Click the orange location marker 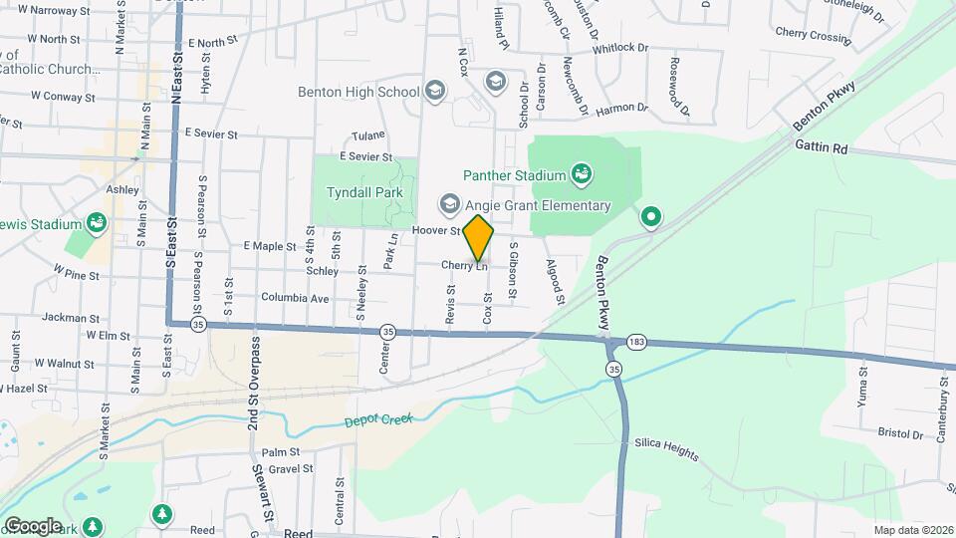click(478, 238)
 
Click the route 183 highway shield click(635, 343)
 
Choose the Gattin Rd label click(821, 147)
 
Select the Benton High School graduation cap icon click(433, 92)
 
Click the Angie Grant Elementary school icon click(448, 205)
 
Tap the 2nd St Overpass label click(255, 382)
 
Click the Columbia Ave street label click(295, 298)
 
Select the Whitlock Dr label click(619, 48)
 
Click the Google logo click(33, 525)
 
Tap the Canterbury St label click(940, 408)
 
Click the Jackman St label click(70, 317)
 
